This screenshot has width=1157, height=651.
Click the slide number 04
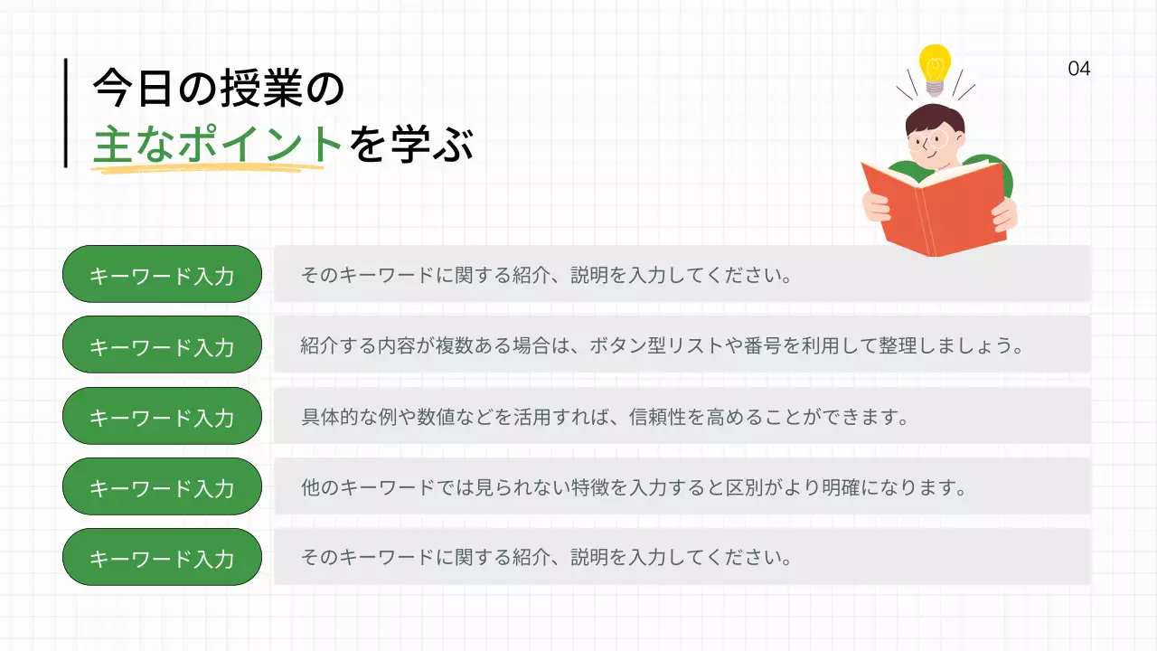tap(1078, 69)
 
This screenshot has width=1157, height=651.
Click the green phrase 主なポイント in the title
tap(217, 146)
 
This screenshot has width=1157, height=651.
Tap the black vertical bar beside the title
tap(66, 113)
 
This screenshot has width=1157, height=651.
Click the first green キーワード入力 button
tap(162, 274)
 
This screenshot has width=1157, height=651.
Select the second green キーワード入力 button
tap(162, 344)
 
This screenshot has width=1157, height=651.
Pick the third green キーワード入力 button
tap(162, 416)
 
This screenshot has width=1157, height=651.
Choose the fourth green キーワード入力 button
tap(162, 486)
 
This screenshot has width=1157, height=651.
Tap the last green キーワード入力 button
tap(162, 557)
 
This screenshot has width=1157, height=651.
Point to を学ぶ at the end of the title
tap(410, 146)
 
